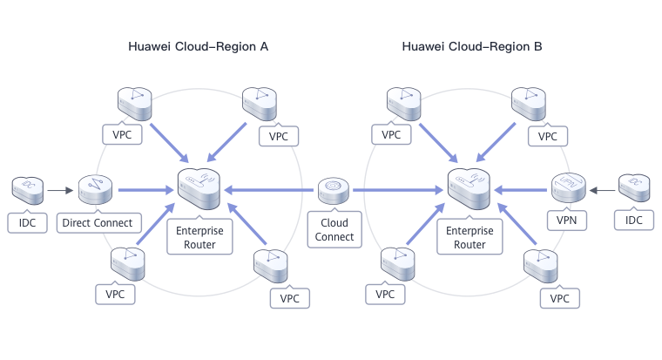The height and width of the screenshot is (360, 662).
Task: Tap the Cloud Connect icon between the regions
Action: pos(334,190)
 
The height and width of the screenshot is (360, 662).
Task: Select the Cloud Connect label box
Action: pos(334,230)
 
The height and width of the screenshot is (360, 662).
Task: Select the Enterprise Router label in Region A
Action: pos(200,238)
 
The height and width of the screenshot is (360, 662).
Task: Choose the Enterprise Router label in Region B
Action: pos(470,238)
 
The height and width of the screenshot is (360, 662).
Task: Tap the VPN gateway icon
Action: pos(568,187)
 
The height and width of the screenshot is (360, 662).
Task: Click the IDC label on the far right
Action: pos(633,221)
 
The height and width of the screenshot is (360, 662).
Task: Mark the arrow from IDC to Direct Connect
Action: pos(59,189)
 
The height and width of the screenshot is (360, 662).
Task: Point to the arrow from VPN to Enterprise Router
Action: pos(521,188)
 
